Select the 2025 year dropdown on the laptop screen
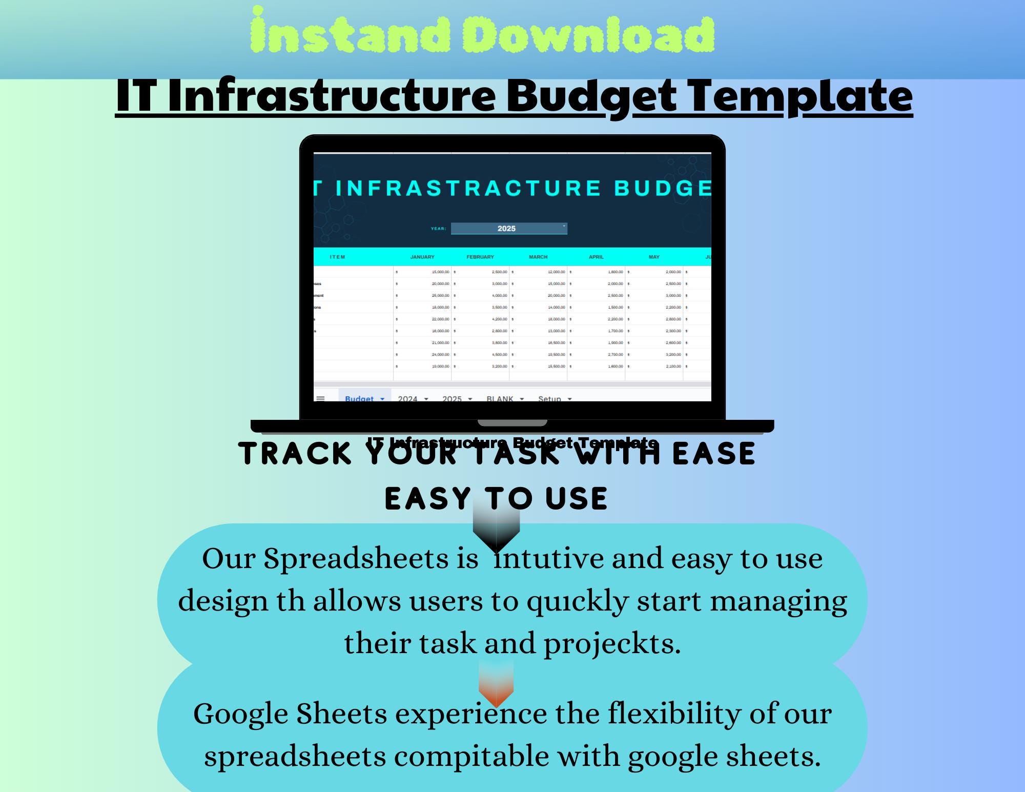coord(508,229)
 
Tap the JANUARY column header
coord(422,257)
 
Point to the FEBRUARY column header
coord(480,257)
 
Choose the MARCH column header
coord(538,257)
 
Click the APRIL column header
coord(596,257)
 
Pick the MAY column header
coord(654,257)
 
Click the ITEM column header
coord(337,257)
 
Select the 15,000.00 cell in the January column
coord(440,272)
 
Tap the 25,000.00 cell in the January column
coord(440,296)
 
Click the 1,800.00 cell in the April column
coord(615,272)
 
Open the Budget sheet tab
coord(360,398)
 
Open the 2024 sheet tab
coord(408,398)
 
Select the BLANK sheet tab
coord(500,398)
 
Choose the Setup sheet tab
coord(550,398)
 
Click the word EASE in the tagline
coord(713,454)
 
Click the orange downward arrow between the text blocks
coord(496,684)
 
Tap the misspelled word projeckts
coord(612,643)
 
